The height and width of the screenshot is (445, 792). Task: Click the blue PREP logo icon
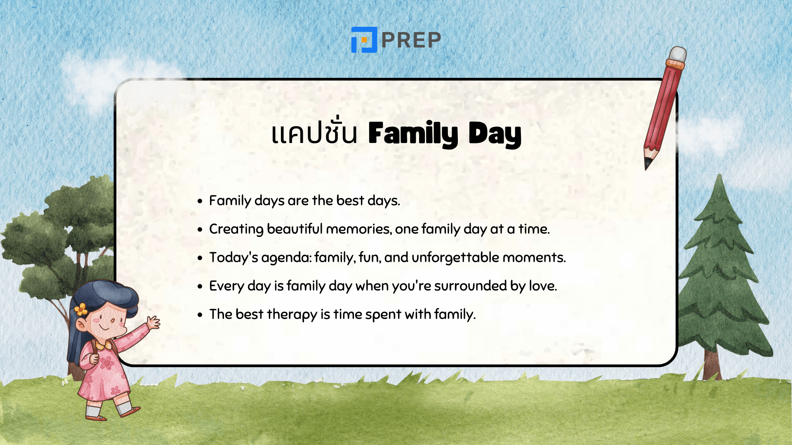[364, 40]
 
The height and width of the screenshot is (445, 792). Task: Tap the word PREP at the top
[411, 40]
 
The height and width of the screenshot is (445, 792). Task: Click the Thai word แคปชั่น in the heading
[314, 133]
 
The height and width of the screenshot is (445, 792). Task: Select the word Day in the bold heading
[495, 134]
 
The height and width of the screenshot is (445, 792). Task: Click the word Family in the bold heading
[413, 134]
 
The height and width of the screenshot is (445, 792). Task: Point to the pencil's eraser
[677, 54]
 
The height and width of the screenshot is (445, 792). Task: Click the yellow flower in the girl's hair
[81, 309]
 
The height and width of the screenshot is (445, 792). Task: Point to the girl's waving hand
[153, 321]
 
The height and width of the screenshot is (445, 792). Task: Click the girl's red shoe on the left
[97, 417]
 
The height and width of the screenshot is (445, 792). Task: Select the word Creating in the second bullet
[236, 229]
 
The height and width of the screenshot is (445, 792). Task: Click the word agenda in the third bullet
[286, 258]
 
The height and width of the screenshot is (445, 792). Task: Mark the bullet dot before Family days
[200, 201]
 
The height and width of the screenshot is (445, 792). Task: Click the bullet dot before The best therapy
[200, 315]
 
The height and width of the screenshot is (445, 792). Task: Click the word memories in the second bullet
[358, 229]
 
